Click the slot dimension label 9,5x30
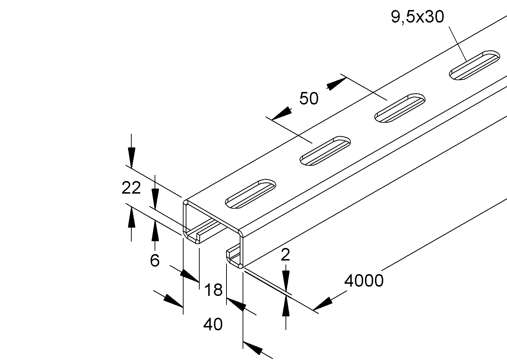(x=417, y=17)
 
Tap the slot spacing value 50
(x=309, y=98)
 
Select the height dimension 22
(x=131, y=188)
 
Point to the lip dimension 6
(x=155, y=261)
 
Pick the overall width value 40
(x=213, y=324)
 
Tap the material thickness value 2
(x=285, y=255)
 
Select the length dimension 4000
(x=364, y=281)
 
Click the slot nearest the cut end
(x=250, y=194)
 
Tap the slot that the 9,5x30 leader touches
(x=475, y=65)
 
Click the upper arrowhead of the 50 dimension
(x=336, y=84)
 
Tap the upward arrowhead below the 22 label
(x=132, y=217)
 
